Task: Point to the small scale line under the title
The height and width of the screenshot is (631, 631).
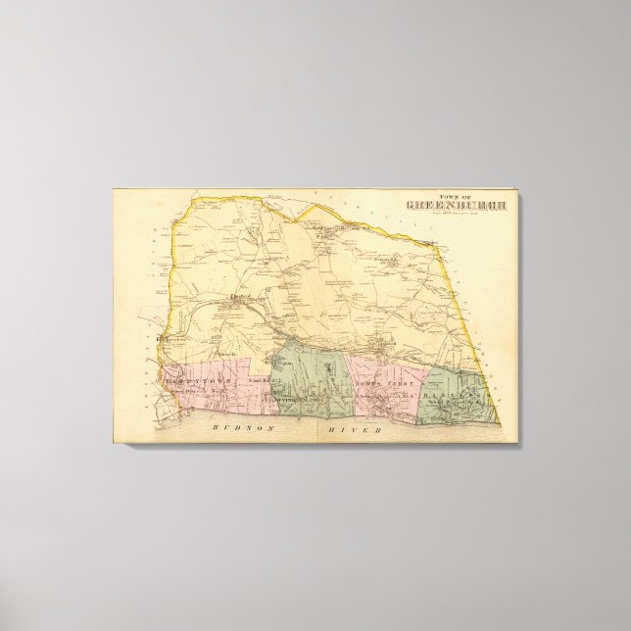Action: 443,215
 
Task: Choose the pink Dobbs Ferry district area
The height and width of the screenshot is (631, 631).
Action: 382,392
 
